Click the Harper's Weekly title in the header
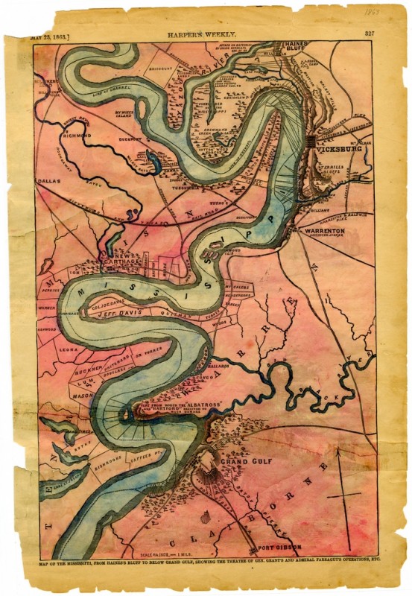(208, 33)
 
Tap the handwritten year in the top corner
(386, 13)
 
